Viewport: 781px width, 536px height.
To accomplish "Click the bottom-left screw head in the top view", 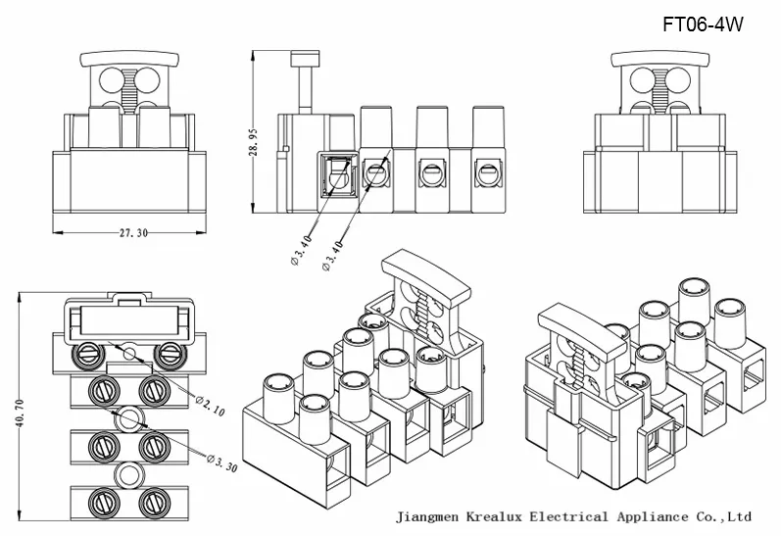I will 102,500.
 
